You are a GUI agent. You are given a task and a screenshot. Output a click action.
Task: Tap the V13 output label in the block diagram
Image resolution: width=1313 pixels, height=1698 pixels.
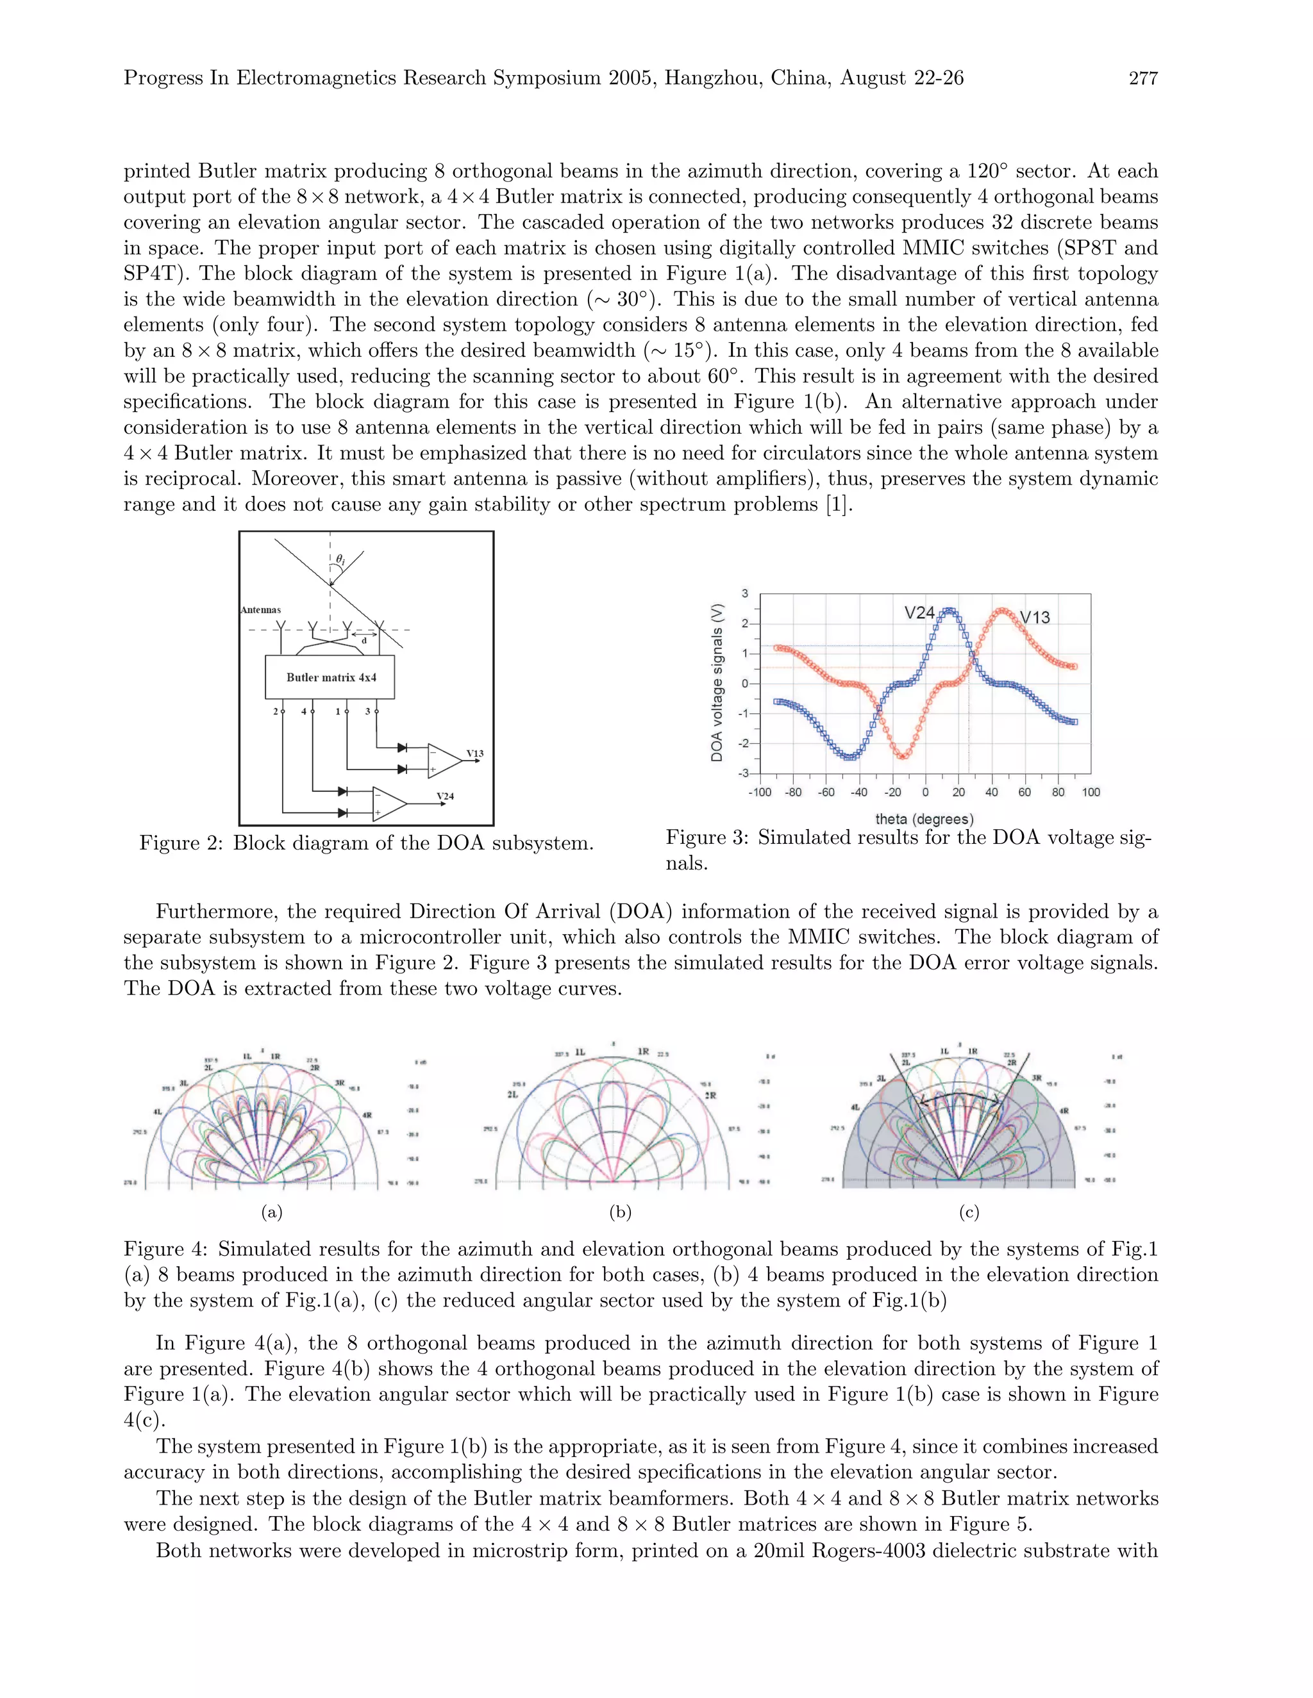click(x=474, y=754)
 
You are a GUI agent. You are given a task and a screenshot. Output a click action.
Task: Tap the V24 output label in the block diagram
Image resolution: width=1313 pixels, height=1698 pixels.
click(x=445, y=796)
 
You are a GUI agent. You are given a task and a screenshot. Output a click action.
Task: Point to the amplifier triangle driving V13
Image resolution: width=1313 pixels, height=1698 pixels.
click(x=444, y=761)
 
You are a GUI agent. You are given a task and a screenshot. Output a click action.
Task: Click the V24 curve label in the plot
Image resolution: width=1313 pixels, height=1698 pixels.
click(x=919, y=613)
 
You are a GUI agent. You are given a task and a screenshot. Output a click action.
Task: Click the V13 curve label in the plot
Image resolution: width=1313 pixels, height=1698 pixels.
click(x=1035, y=617)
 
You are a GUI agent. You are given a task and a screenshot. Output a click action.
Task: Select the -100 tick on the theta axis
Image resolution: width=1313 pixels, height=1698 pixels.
click(x=759, y=792)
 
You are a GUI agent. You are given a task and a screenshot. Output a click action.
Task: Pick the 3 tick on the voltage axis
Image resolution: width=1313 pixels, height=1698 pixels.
click(x=745, y=594)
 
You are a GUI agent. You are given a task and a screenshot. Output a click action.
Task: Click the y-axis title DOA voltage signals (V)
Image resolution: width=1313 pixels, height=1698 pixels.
click(x=716, y=682)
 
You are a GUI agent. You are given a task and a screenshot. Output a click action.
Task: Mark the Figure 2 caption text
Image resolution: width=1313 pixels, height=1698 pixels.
click(x=366, y=843)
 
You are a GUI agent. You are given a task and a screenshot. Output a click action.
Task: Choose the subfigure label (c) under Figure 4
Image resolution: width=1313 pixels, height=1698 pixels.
click(x=969, y=1212)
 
